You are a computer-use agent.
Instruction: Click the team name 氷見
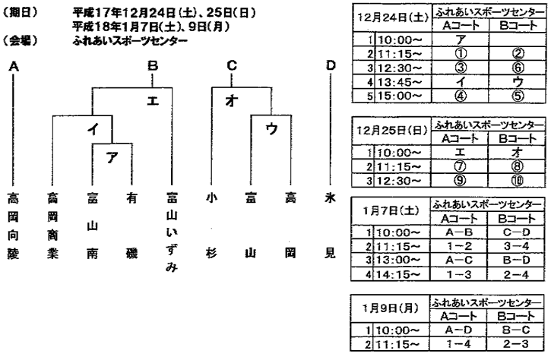330,226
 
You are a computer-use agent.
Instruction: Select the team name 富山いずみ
172,232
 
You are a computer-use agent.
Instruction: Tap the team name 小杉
211,226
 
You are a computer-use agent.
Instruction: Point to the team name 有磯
131,226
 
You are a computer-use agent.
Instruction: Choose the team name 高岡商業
52,226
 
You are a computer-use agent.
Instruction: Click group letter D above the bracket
331,65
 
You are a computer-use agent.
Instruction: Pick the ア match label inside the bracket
112,158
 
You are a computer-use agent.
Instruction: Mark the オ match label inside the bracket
231,101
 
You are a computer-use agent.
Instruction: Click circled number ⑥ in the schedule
518,68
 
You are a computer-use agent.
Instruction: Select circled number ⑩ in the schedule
517,181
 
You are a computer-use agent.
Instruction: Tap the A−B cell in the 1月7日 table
458,232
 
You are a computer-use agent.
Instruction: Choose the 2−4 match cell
516,274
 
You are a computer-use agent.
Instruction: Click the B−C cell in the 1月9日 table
515,330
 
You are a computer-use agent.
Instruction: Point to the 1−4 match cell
458,344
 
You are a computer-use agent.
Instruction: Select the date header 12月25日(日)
392,131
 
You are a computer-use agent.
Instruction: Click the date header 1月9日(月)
391,308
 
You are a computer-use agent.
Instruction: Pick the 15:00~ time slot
400,96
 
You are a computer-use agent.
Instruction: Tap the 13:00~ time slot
398,261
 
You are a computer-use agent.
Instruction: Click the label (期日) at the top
20,12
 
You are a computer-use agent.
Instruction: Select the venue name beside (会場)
130,41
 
